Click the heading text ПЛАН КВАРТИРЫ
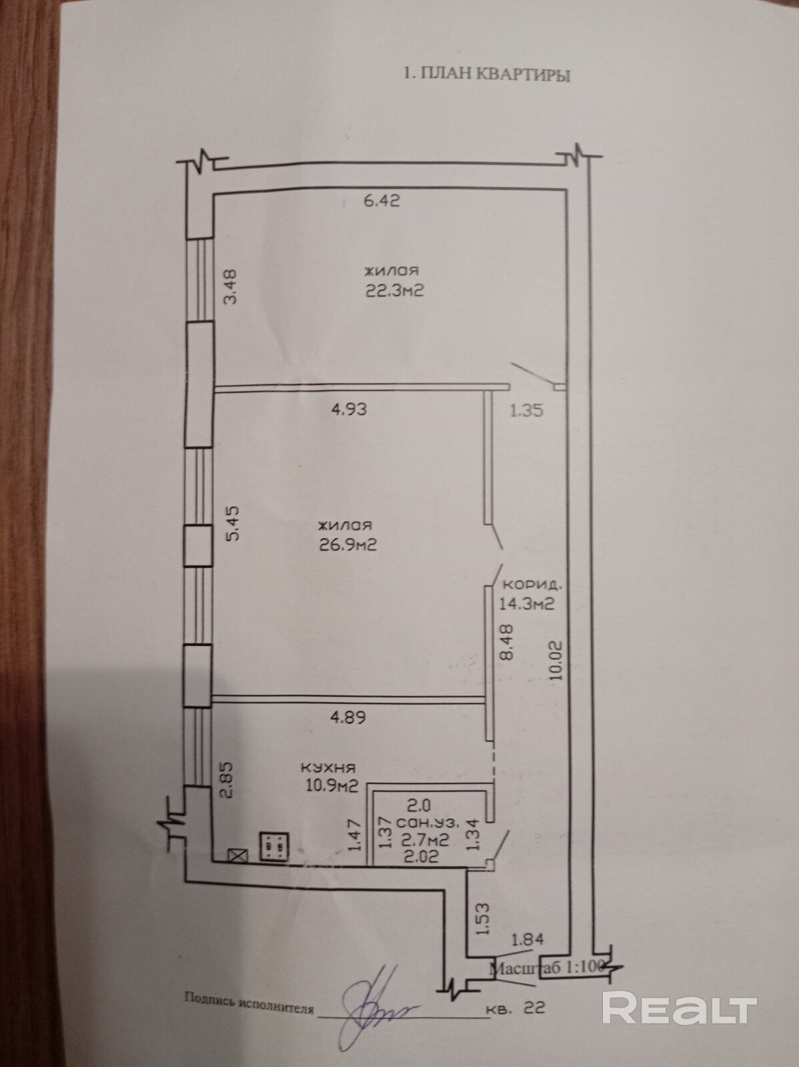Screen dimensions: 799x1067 coord(494,74)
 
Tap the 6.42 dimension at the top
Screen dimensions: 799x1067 coord(381,200)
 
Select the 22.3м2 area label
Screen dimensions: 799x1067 coord(394,291)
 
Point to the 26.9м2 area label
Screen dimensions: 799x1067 coord(347,545)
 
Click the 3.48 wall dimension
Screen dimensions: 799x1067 coord(231,287)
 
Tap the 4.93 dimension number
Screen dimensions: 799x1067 coord(349,409)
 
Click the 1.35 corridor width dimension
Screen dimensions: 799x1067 coord(526,410)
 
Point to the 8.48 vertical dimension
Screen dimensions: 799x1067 coord(507,643)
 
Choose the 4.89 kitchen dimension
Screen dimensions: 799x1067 coord(348,717)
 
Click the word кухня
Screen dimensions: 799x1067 coord(328,768)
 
